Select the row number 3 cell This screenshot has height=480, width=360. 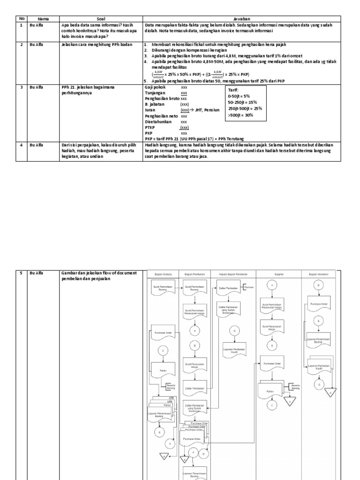(22, 87)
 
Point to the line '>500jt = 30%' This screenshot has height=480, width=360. (240, 115)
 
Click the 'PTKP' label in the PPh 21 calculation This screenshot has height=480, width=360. (150, 127)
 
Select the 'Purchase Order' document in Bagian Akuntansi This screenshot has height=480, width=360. (318, 304)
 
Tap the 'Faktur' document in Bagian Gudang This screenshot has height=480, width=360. (162, 370)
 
